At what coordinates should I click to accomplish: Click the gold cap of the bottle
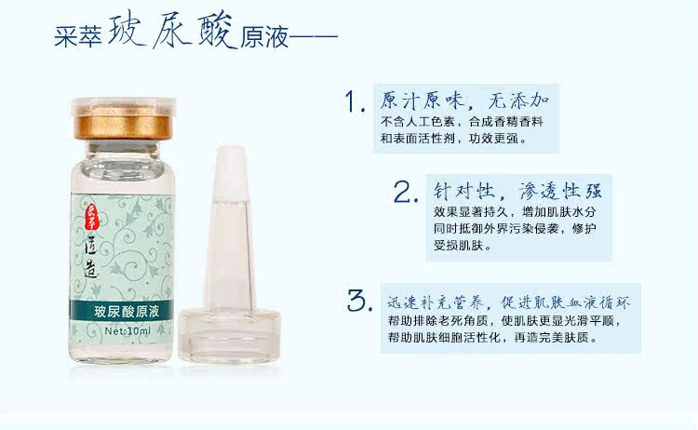(x=123, y=122)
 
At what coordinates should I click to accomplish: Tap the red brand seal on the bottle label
(x=92, y=217)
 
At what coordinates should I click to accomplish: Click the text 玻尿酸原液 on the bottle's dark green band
(x=127, y=311)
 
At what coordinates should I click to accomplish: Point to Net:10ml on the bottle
(x=128, y=330)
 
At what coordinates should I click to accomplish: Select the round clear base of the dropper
(x=229, y=336)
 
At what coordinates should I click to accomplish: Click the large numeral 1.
(x=356, y=101)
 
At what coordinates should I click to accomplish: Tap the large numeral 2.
(x=406, y=192)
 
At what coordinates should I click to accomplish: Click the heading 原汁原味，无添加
(x=464, y=101)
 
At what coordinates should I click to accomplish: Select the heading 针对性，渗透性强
(x=517, y=191)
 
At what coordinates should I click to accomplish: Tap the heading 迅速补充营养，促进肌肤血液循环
(x=509, y=302)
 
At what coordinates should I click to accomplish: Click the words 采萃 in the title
(x=78, y=36)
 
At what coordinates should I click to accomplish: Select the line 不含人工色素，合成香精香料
(x=462, y=122)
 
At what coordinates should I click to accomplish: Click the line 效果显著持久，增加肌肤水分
(x=514, y=212)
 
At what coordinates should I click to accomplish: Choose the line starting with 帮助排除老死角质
(x=504, y=320)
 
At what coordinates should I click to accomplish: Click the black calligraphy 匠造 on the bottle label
(x=91, y=257)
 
